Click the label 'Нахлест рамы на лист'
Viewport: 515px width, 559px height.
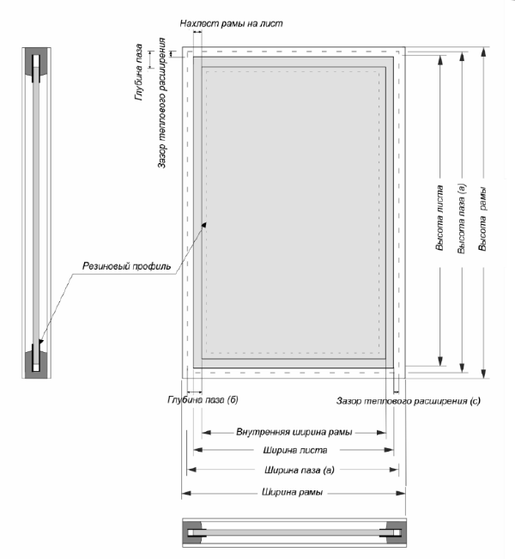231,22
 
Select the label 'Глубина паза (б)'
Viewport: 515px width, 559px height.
197,400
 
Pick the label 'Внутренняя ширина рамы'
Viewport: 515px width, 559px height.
294,432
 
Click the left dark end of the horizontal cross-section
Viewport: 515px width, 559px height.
195,532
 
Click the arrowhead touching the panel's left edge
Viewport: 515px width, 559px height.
205,223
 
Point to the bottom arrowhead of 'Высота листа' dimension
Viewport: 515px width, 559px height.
439,362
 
